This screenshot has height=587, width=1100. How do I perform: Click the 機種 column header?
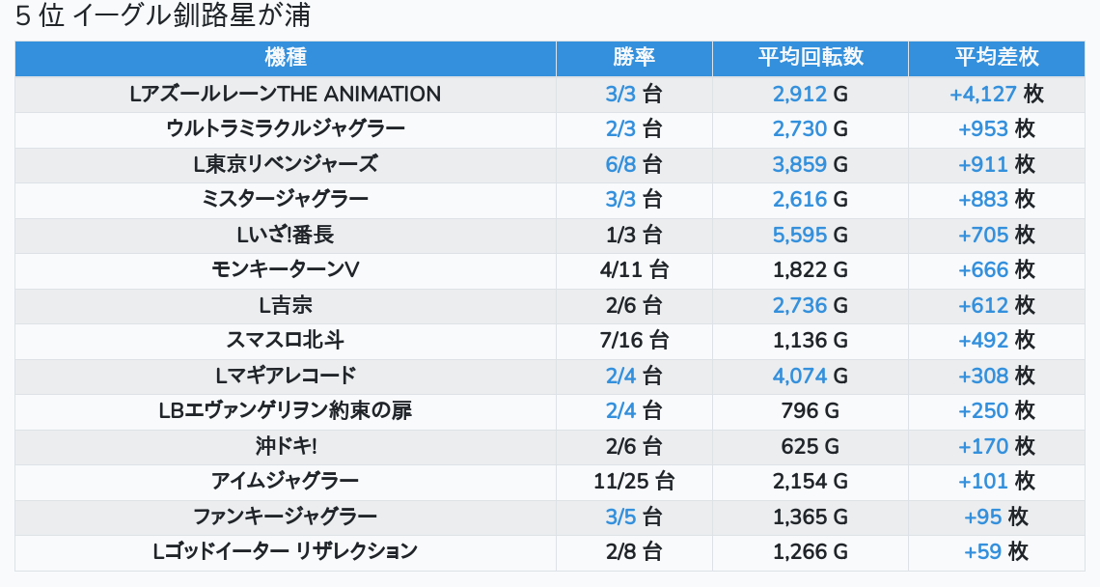click(x=286, y=58)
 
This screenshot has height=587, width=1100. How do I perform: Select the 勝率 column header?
click(x=634, y=58)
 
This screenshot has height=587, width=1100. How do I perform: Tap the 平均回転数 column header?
click(x=810, y=58)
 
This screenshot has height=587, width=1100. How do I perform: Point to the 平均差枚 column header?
click(x=996, y=58)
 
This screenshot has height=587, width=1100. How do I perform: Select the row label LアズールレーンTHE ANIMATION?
click(x=286, y=94)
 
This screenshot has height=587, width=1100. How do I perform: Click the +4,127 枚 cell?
click(x=996, y=94)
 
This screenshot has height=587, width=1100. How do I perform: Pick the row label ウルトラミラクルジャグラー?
click(x=286, y=128)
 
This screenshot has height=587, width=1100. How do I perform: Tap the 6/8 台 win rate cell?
click(x=634, y=164)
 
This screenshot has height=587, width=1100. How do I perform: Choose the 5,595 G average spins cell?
click(x=810, y=235)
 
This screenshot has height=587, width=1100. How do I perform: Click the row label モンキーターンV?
click(x=286, y=269)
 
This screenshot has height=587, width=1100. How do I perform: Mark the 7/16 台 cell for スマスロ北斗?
click(x=634, y=340)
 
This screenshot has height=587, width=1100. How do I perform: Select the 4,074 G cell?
click(x=810, y=376)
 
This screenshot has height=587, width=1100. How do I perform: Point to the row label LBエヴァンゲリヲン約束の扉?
click(x=286, y=410)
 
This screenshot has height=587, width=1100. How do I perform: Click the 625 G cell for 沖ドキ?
click(x=810, y=446)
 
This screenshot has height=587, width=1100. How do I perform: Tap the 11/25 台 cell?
click(x=634, y=481)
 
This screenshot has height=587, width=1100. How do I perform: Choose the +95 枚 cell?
click(x=996, y=517)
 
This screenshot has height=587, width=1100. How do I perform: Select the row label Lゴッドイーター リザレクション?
click(x=286, y=551)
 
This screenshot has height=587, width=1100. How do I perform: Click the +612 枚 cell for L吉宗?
click(x=996, y=305)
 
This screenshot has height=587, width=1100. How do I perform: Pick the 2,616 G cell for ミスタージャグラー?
click(x=810, y=199)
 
